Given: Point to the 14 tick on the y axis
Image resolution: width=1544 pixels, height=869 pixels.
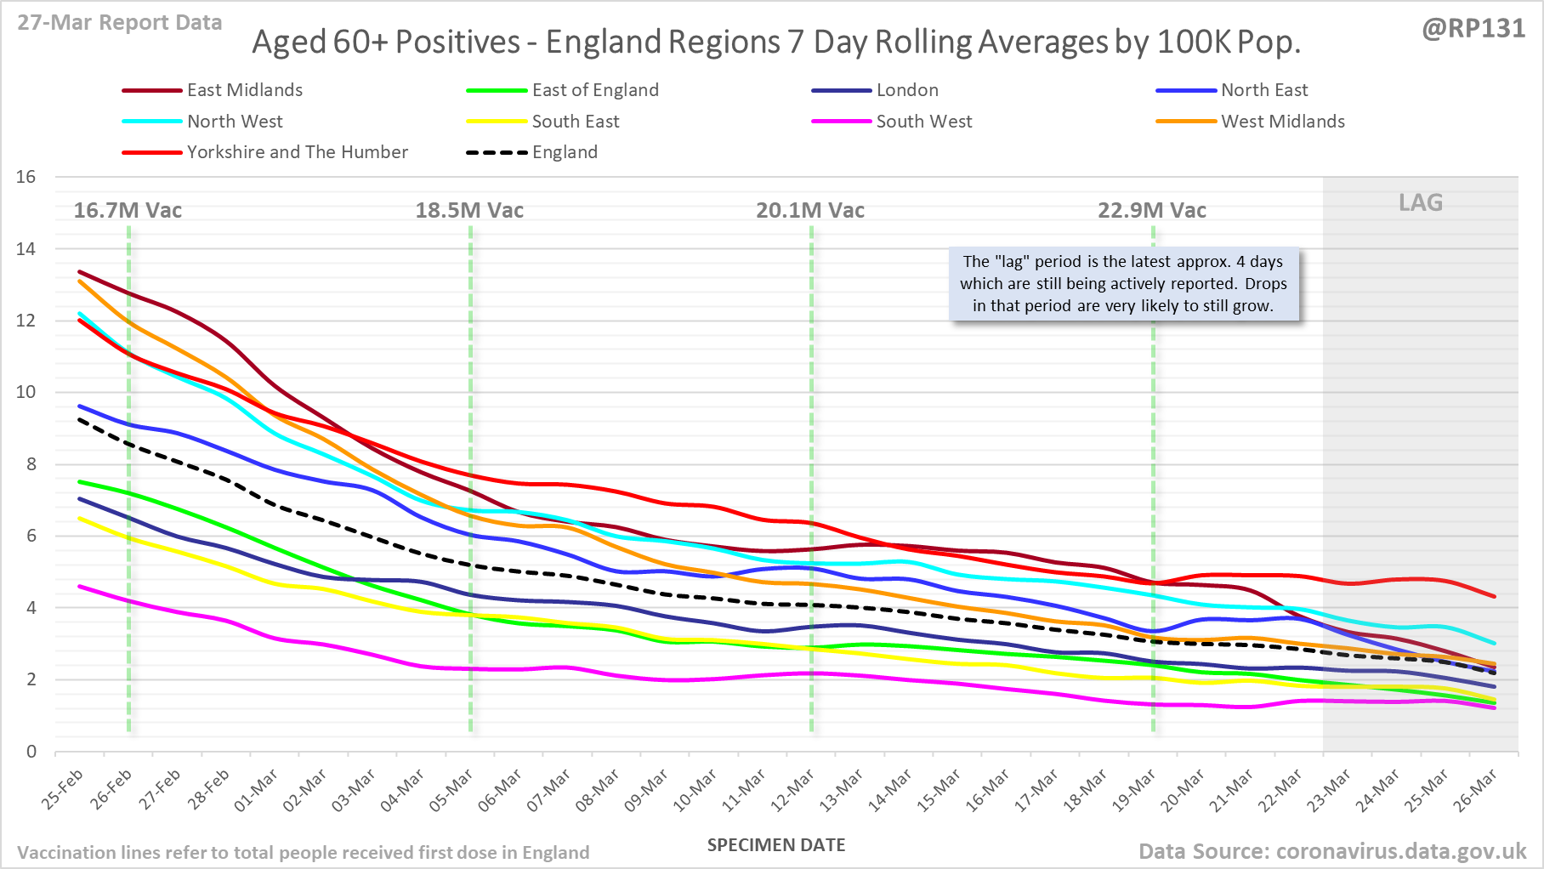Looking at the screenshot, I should (x=26, y=249).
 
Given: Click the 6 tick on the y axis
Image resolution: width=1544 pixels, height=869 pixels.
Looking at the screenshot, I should (x=31, y=536).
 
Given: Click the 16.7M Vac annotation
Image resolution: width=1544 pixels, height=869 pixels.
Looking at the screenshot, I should (x=128, y=210).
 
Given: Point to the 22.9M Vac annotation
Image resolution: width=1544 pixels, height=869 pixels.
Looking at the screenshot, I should (x=1151, y=210).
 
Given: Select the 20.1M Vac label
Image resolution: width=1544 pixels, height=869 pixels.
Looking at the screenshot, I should (x=810, y=210).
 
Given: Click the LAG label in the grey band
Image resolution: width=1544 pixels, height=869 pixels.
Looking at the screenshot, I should (x=1421, y=202).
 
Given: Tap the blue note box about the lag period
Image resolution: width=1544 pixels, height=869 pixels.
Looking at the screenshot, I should (x=1123, y=284).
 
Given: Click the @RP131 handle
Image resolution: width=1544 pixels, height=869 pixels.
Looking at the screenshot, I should (x=1473, y=29).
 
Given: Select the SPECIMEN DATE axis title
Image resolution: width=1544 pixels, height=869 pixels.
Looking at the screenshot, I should (x=776, y=845).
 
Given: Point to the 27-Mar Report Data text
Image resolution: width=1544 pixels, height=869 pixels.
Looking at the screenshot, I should (x=120, y=23).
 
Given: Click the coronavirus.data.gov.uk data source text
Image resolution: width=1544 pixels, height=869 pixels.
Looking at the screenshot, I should (x=1332, y=851).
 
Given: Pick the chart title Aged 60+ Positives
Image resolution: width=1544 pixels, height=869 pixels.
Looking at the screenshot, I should (x=776, y=42).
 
